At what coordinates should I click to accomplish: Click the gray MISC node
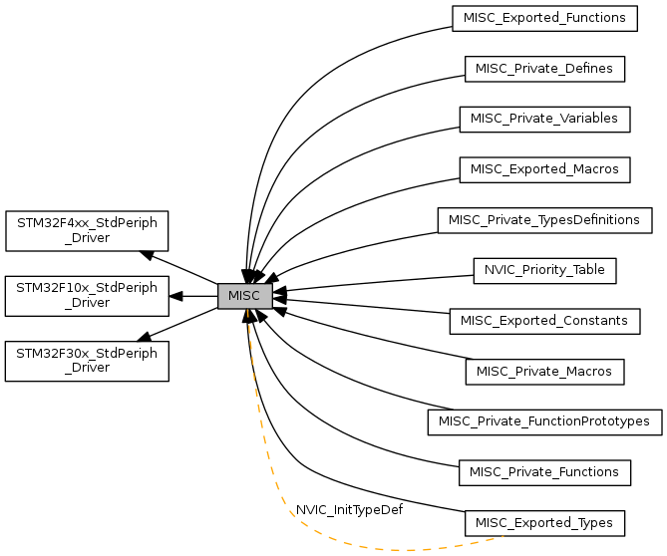244,296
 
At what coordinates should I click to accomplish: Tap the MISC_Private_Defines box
544,68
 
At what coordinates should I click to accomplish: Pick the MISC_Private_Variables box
544,118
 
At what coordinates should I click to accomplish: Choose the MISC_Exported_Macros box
544,168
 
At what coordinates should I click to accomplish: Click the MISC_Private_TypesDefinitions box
544,219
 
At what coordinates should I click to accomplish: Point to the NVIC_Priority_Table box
544,269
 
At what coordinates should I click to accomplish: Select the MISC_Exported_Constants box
544,321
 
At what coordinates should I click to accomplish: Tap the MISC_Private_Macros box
544,372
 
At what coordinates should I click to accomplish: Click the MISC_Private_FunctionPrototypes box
544,421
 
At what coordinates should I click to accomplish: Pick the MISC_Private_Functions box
544,472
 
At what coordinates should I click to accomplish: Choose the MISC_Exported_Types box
544,522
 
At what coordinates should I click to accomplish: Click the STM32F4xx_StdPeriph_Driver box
87,230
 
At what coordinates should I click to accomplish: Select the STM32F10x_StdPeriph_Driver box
87,296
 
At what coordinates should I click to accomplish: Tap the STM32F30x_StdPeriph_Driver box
87,361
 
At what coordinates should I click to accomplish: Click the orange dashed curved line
299,534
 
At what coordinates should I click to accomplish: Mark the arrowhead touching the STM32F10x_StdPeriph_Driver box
175,296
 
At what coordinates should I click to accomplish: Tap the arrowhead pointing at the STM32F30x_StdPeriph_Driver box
145,337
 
